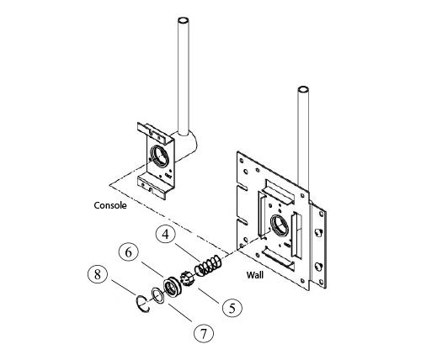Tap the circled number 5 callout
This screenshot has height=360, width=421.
tap(232, 307)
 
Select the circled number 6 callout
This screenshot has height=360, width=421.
tap(129, 251)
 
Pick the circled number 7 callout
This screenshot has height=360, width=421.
tap(201, 333)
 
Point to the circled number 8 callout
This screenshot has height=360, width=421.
tap(99, 274)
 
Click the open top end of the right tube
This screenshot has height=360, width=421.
tap(302, 88)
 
